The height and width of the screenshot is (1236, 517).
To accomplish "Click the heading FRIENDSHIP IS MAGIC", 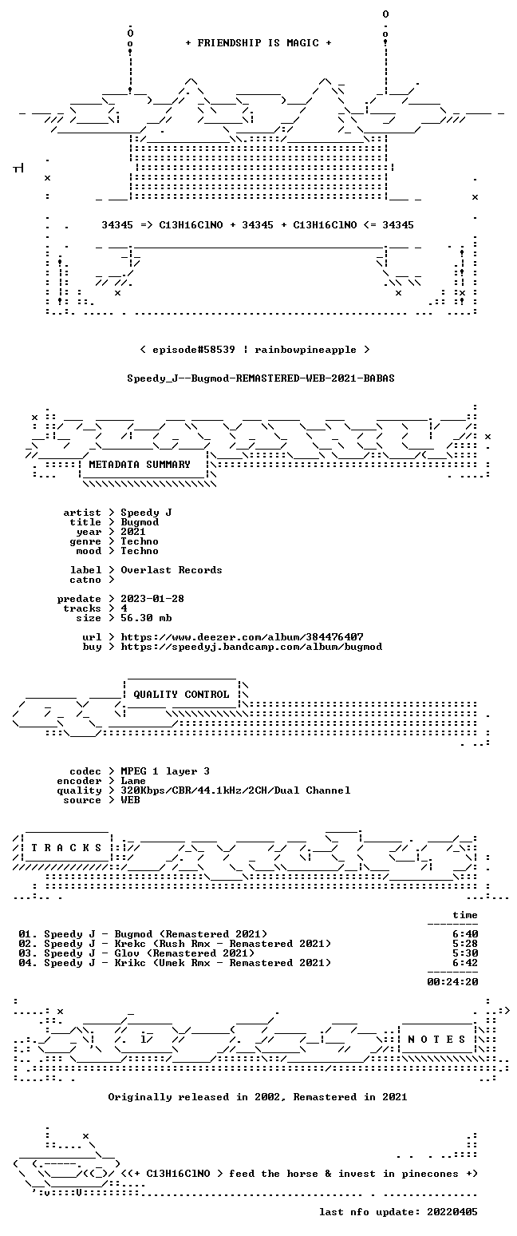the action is tap(258, 43).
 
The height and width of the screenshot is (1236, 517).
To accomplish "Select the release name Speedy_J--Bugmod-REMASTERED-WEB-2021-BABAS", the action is tap(261, 378).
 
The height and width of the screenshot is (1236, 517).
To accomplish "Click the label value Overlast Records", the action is tap(172, 570).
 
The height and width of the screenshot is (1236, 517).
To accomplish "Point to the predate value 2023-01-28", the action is tap(152, 599).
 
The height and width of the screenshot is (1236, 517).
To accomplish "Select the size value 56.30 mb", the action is tap(146, 618).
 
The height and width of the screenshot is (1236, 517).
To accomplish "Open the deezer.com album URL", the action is tap(242, 637).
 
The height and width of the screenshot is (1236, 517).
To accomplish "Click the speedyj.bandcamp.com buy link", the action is tap(251, 647).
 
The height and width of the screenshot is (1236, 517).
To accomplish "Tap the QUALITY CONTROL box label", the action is tap(181, 694).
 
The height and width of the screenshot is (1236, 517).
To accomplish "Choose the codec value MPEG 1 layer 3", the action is tap(165, 771).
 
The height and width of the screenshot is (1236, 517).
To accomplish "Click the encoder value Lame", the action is tap(133, 781).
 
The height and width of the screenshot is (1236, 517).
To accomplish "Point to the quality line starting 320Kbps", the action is tap(235, 790).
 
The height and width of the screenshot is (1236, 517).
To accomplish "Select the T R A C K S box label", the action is tap(67, 847).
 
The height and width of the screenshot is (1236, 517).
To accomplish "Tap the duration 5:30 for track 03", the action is tap(465, 953).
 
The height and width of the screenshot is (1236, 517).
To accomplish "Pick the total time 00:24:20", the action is tap(452, 981).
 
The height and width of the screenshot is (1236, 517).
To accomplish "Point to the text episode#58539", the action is tap(194, 350).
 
